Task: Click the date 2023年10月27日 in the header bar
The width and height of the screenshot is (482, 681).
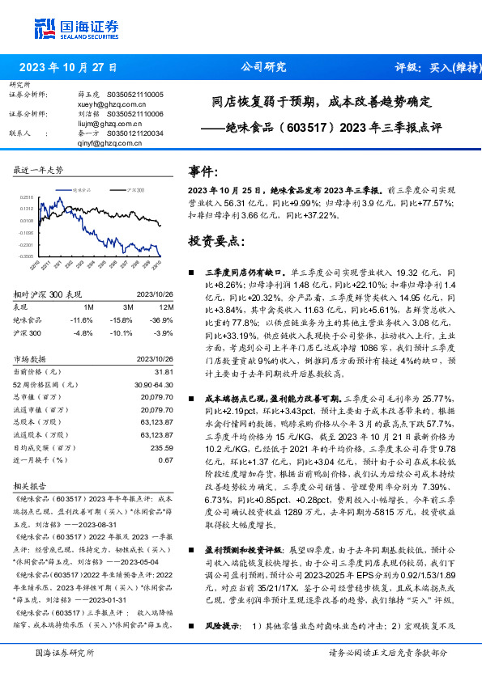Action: click(68, 67)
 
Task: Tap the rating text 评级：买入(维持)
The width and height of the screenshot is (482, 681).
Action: click(434, 67)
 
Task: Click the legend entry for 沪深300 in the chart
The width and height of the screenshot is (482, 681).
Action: click(134, 189)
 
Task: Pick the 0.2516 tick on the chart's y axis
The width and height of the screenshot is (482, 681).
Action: click(27, 197)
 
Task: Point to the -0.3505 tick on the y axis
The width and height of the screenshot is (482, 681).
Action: click(26, 256)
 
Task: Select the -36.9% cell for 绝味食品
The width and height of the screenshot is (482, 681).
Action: click(163, 320)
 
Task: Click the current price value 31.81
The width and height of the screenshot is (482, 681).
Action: click(164, 371)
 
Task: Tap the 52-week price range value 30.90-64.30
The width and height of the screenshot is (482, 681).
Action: click(151, 383)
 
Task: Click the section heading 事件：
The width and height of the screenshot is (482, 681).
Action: click(204, 172)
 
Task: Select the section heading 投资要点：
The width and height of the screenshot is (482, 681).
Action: click(216, 240)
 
